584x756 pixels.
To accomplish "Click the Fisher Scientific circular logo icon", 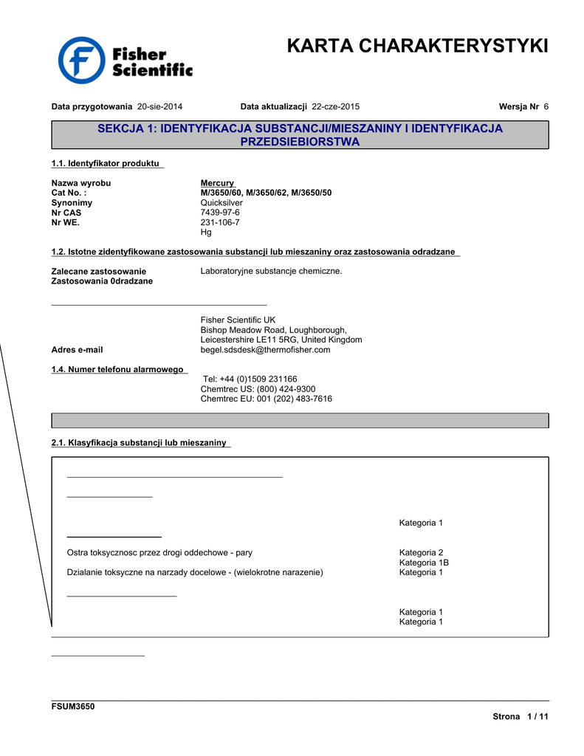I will (x=82, y=61).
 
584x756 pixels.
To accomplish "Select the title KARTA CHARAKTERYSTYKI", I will (x=417, y=46).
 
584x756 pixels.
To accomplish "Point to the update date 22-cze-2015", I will (x=336, y=106).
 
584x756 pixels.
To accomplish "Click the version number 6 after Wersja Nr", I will (x=546, y=106).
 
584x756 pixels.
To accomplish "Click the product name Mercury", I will (x=217, y=183).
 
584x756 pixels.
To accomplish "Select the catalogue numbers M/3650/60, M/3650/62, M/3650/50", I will (x=266, y=193).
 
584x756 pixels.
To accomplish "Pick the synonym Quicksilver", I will (x=221, y=202).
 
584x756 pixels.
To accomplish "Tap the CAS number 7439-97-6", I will (x=220, y=213).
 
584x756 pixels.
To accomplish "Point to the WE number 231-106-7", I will (x=220, y=222).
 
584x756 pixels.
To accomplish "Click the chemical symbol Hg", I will (x=206, y=232).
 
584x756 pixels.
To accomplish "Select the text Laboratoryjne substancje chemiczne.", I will (x=271, y=271).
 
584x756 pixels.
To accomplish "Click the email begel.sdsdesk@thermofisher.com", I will (x=265, y=350).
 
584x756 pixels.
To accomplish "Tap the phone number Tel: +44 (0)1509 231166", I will (x=250, y=379).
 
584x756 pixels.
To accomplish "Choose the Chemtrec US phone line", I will (x=258, y=389).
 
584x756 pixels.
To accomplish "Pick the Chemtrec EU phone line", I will (x=266, y=399).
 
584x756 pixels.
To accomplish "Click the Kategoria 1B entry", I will (x=424, y=563).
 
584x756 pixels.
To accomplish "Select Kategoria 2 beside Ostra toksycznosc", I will (x=421, y=552).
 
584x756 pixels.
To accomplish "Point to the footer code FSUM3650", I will (x=72, y=707).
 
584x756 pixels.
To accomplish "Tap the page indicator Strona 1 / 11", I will (x=521, y=717).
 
